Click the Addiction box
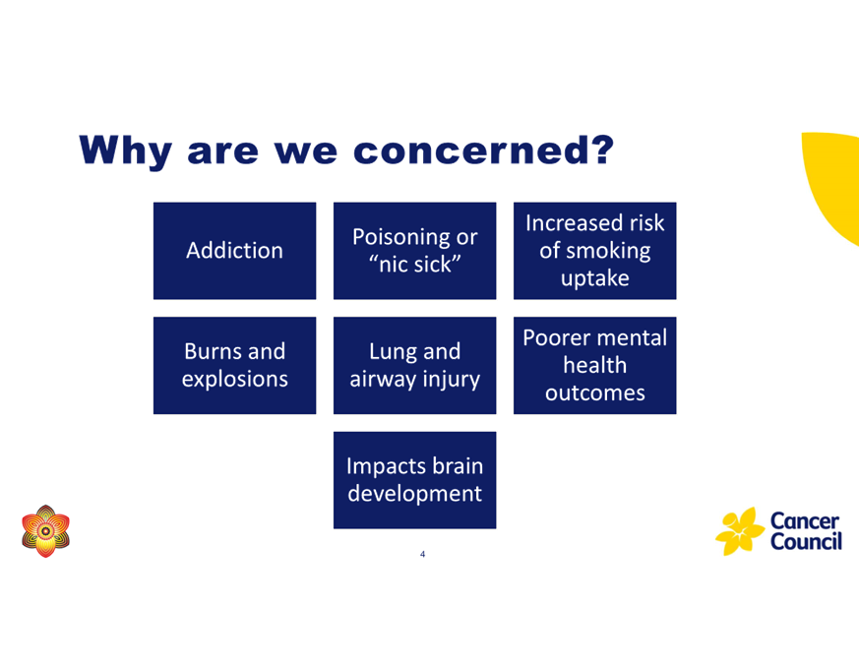click(234, 251)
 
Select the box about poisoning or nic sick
click(414, 251)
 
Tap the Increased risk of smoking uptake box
click(595, 251)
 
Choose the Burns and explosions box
click(234, 365)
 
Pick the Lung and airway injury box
click(414, 365)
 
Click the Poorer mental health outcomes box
click(595, 365)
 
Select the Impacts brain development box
click(414, 480)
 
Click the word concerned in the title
click(483, 151)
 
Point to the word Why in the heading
click(126, 151)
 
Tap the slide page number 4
click(422, 555)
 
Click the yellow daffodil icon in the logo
click(740, 531)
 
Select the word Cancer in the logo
click(804, 521)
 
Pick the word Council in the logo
click(806, 541)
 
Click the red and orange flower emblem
click(46, 531)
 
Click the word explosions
click(235, 380)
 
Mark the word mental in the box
click(633, 338)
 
